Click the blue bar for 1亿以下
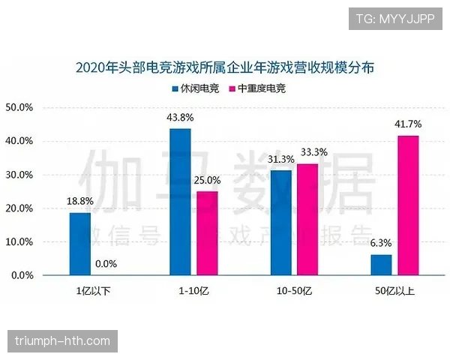79,244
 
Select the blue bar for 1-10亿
180,202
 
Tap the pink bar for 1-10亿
207,233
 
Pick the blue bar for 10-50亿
281,223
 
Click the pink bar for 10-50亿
307,220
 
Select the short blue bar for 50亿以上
381,265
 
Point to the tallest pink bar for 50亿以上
408,205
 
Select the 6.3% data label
381,244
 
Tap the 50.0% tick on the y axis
19,107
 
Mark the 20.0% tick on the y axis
19,208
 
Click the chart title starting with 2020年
225,67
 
